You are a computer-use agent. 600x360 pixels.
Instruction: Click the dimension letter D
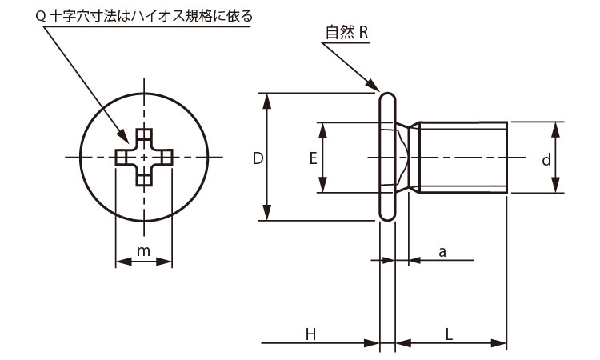(258, 158)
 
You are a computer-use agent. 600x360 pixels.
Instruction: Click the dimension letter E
(313, 158)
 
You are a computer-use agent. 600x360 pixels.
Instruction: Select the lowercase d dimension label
(546, 160)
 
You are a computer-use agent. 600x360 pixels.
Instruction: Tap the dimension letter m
(143, 251)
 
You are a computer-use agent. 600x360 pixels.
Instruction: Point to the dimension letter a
(442, 252)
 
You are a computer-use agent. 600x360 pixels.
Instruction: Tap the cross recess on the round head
(144, 158)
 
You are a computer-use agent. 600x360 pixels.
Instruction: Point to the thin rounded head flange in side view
(387, 158)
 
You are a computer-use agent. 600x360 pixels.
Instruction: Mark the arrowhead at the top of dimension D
(267, 98)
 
